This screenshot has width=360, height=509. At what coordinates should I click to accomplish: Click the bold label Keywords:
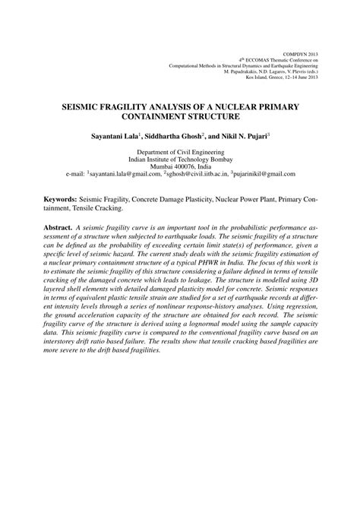[x=58, y=198]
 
